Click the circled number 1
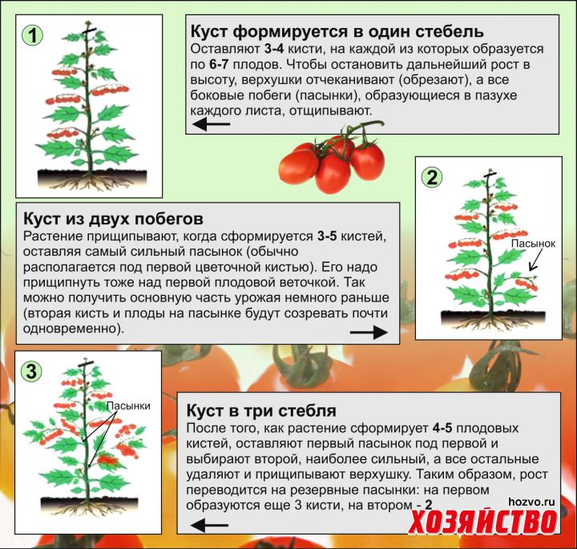point(32,36)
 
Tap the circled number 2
point(432,178)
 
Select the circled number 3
point(31,370)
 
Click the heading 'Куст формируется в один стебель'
point(337,31)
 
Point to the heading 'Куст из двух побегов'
point(113,219)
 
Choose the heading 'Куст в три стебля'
point(261,410)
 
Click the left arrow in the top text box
point(212,124)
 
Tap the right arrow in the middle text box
point(369,333)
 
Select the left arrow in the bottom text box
point(209,525)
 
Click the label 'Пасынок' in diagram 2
point(533,244)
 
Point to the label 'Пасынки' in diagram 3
point(128,406)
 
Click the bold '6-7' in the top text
point(219,64)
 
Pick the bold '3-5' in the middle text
point(327,236)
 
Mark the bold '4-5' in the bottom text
point(442,428)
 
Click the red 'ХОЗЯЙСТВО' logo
point(482,522)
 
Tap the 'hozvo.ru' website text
point(532,502)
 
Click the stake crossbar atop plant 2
point(490,174)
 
